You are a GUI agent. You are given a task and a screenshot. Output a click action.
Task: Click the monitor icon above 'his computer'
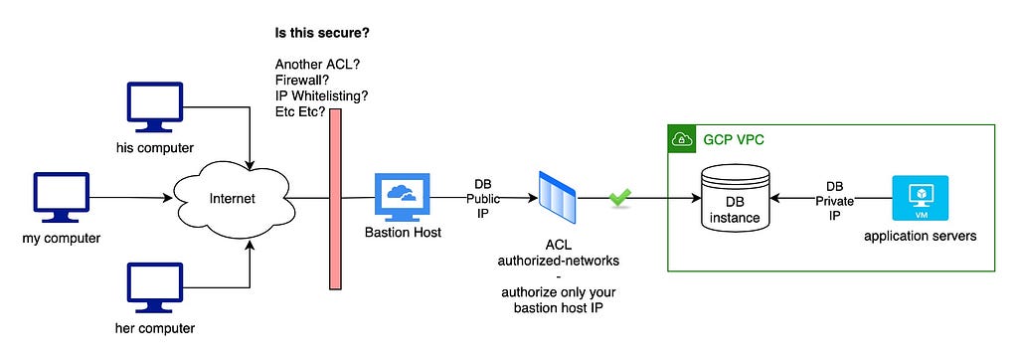[x=154, y=107]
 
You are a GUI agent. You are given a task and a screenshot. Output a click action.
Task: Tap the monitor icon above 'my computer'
[x=61, y=198]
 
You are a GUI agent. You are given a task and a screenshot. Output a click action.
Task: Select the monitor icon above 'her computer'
[x=154, y=288]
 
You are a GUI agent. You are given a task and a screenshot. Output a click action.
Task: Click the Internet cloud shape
[x=232, y=198]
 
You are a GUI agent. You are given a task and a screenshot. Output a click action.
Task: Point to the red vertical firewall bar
[x=335, y=199]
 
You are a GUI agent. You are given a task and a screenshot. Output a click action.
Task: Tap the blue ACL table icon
[x=557, y=196]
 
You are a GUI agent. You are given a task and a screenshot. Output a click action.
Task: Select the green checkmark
[x=618, y=198]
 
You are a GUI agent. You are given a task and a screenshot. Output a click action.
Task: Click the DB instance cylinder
[x=735, y=198]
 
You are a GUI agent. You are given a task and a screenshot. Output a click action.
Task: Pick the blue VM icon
[x=920, y=198]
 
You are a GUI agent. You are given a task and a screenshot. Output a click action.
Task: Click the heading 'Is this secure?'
[x=326, y=32]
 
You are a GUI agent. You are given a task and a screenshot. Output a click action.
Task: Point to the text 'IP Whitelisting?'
[x=322, y=95]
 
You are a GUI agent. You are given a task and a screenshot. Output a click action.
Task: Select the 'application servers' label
[x=920, y=236]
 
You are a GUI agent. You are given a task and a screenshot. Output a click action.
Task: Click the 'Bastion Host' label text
[x=403, y=232]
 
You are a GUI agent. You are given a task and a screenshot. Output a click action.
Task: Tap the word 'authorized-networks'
[x=558, y=261]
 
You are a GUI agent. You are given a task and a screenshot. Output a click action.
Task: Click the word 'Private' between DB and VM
[x=834, y=201]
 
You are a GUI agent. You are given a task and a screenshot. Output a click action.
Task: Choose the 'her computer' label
[x=154, y=328]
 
